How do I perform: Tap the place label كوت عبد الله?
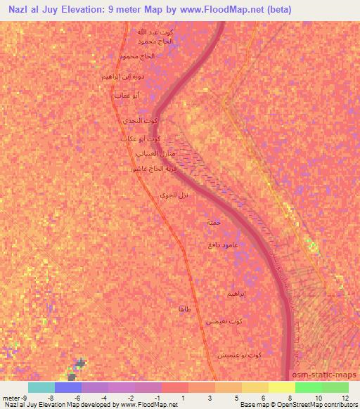(x=154, y=32)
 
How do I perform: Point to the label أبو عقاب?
(x=127, y=94)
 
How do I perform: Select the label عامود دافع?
(x=221, y=243)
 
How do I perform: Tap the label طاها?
(x=186, y=309)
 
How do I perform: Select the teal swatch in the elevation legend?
(x=41, y=387)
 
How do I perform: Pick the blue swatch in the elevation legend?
(x=68, y=387)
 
